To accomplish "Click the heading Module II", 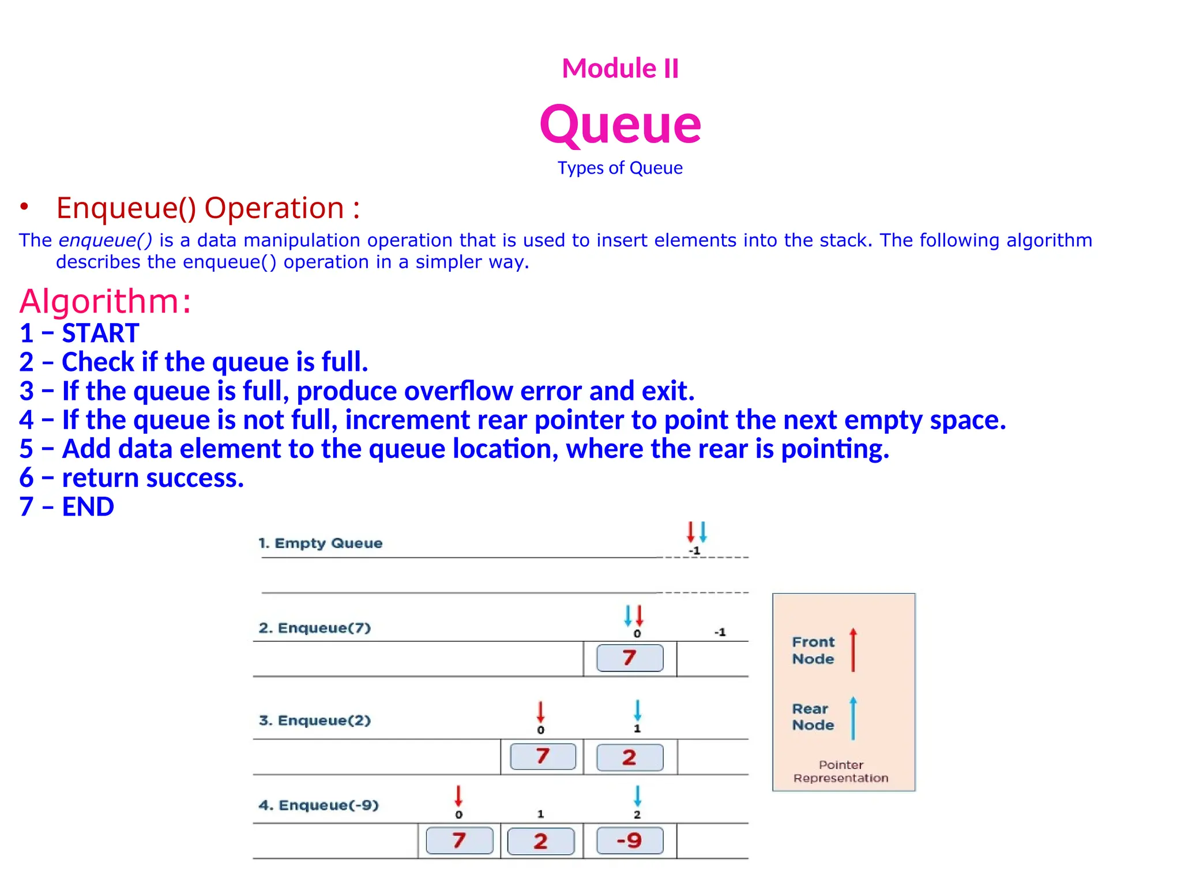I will click(x=620, y=68).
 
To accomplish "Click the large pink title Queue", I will click(x=620, y=125).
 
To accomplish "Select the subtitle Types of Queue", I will click(x=620, y=168).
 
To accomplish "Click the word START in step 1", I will click(x=100, y=333).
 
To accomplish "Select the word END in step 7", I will click(x=88, y=507).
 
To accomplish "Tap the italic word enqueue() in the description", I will click(x=106, y=240).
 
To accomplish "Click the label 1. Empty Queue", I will click(x=320, y=543).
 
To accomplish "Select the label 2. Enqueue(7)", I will click(x=314, y=628).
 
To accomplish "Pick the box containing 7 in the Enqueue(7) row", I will click(x=630, y=658).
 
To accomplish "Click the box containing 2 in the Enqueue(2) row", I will click(x=630, y=757).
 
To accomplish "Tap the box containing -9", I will click(x=630, y=840).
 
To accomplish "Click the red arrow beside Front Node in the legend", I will click(x=853, y=650).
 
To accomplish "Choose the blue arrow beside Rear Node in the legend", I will click(x=853, y=718).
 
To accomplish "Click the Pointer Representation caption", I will click(x=841, y=771).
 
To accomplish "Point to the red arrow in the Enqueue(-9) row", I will click(x=458, y=795).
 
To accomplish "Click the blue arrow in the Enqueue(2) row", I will click(x=637, y=711).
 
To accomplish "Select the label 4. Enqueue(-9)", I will click(x=318, y=805).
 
